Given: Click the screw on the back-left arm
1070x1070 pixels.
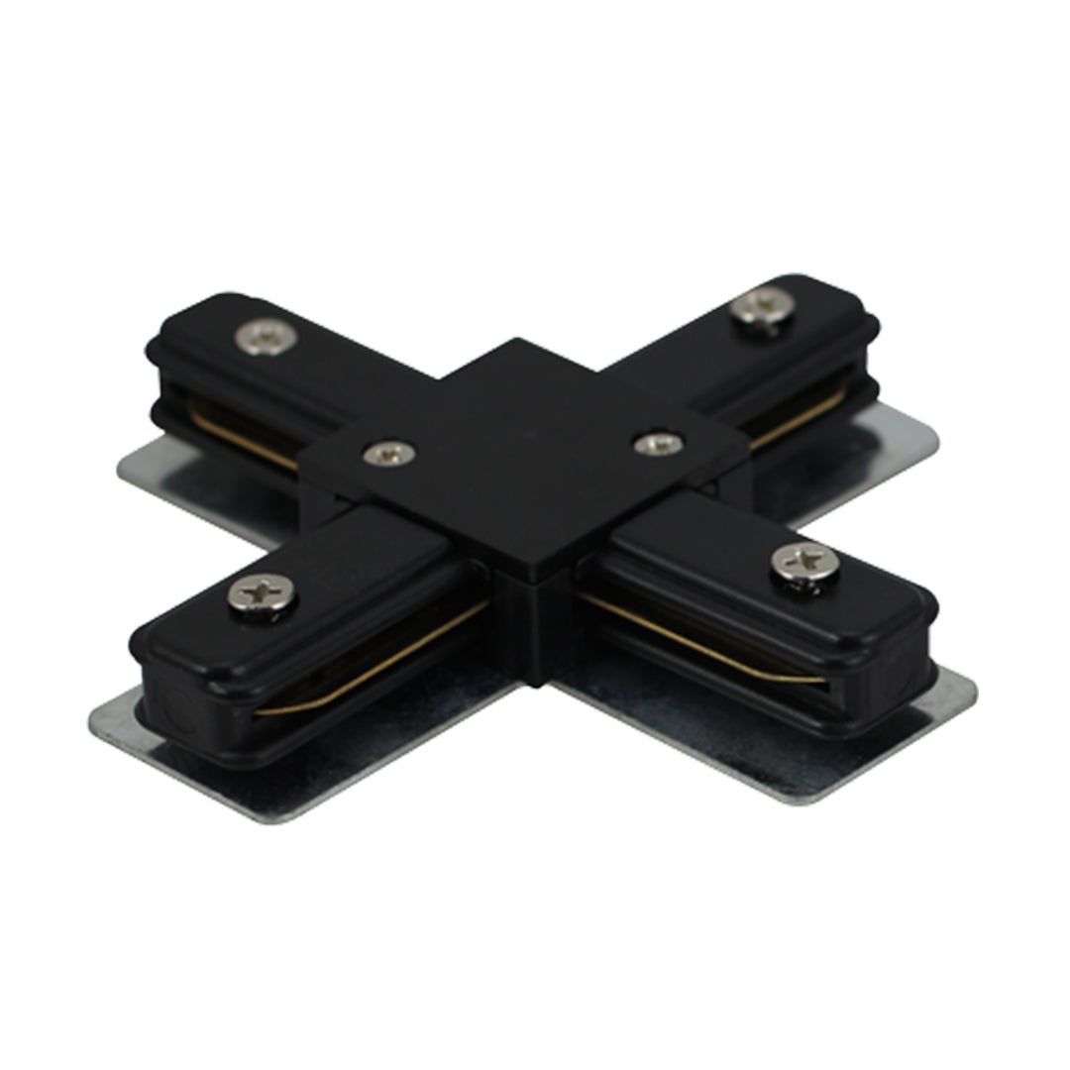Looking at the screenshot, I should click(x=267, y=336).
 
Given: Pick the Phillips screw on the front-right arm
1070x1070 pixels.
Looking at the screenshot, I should click(x=804, y=563).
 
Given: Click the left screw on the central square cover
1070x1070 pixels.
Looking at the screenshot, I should click(x=388, y=454).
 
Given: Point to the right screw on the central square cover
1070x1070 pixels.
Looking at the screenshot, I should click(x=658, y=444).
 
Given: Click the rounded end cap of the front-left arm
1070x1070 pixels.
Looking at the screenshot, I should click(x=149, y=684).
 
